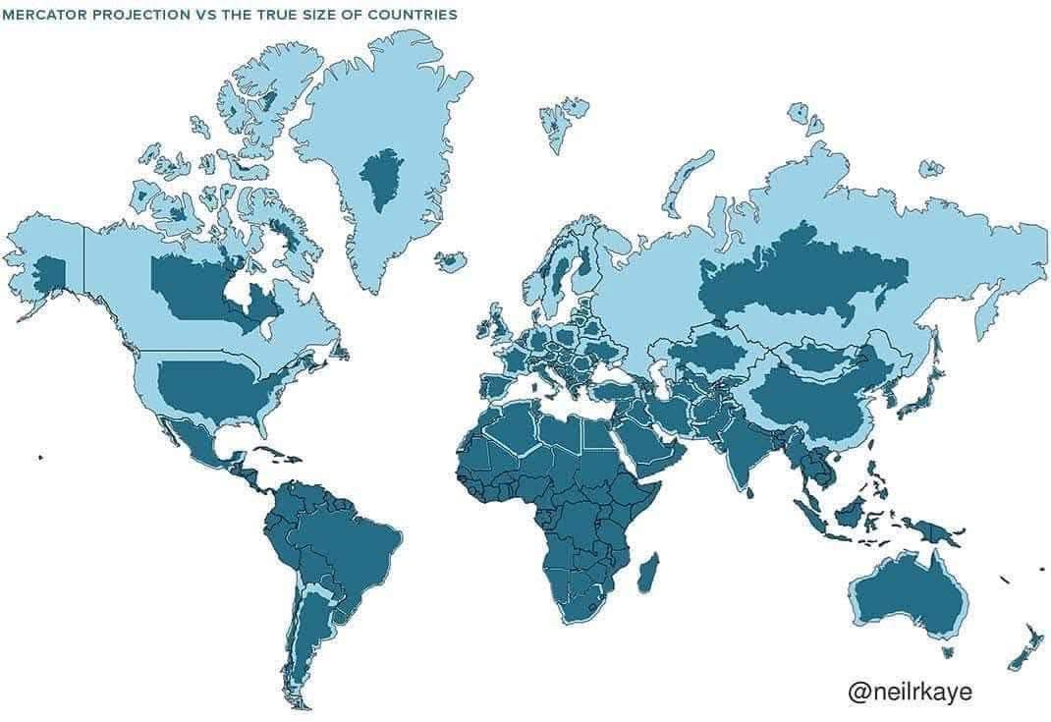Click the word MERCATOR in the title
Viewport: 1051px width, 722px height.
click(42, 15)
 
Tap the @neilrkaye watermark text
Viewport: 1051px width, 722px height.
click(910, 692)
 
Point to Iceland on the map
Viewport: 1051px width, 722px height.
click(450, 261)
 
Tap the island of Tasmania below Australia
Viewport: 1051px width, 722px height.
click(946, 650)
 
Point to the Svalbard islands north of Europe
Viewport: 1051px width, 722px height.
click(563, 123)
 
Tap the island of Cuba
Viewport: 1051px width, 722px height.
click(265, 455)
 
